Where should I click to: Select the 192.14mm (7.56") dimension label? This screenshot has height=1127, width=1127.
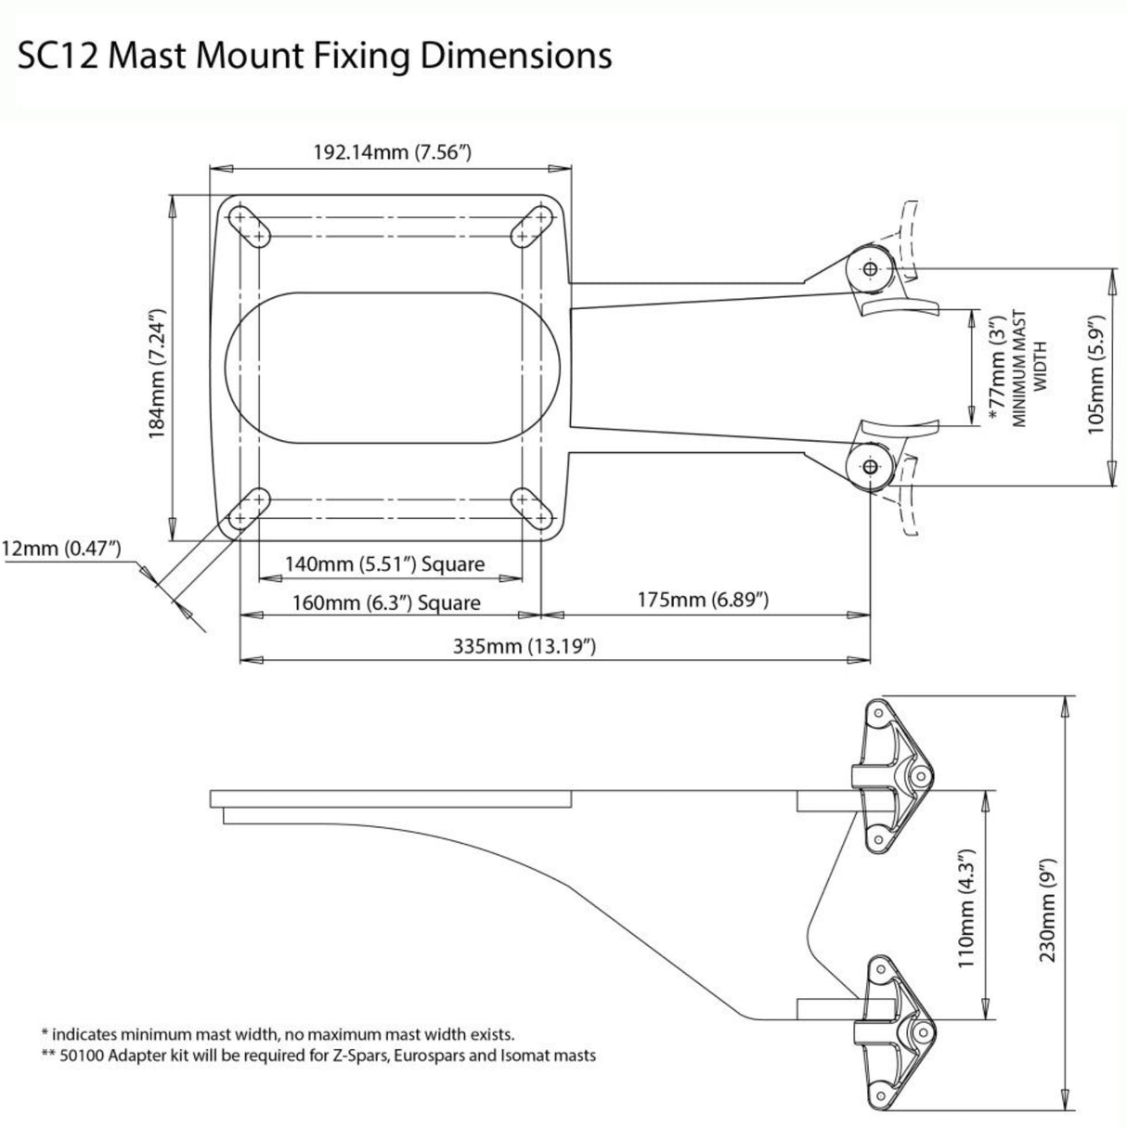click(390, 151)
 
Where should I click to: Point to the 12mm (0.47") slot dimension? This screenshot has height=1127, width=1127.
click(61, 549)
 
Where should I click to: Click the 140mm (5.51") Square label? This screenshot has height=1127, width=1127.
click(385, 563)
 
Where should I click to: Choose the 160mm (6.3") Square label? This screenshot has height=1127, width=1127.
click(385, 602)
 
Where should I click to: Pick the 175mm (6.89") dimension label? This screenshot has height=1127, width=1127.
click(702, 600)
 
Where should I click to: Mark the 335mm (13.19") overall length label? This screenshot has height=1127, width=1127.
click(524, 646)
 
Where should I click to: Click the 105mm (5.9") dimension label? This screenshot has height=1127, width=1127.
click(1095, 375)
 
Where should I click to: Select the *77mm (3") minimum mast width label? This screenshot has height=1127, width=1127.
click(998, 369)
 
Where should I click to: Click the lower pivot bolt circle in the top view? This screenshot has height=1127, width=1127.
click(870, 468)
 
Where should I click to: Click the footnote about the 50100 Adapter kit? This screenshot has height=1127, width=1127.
click(318, 1056)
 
